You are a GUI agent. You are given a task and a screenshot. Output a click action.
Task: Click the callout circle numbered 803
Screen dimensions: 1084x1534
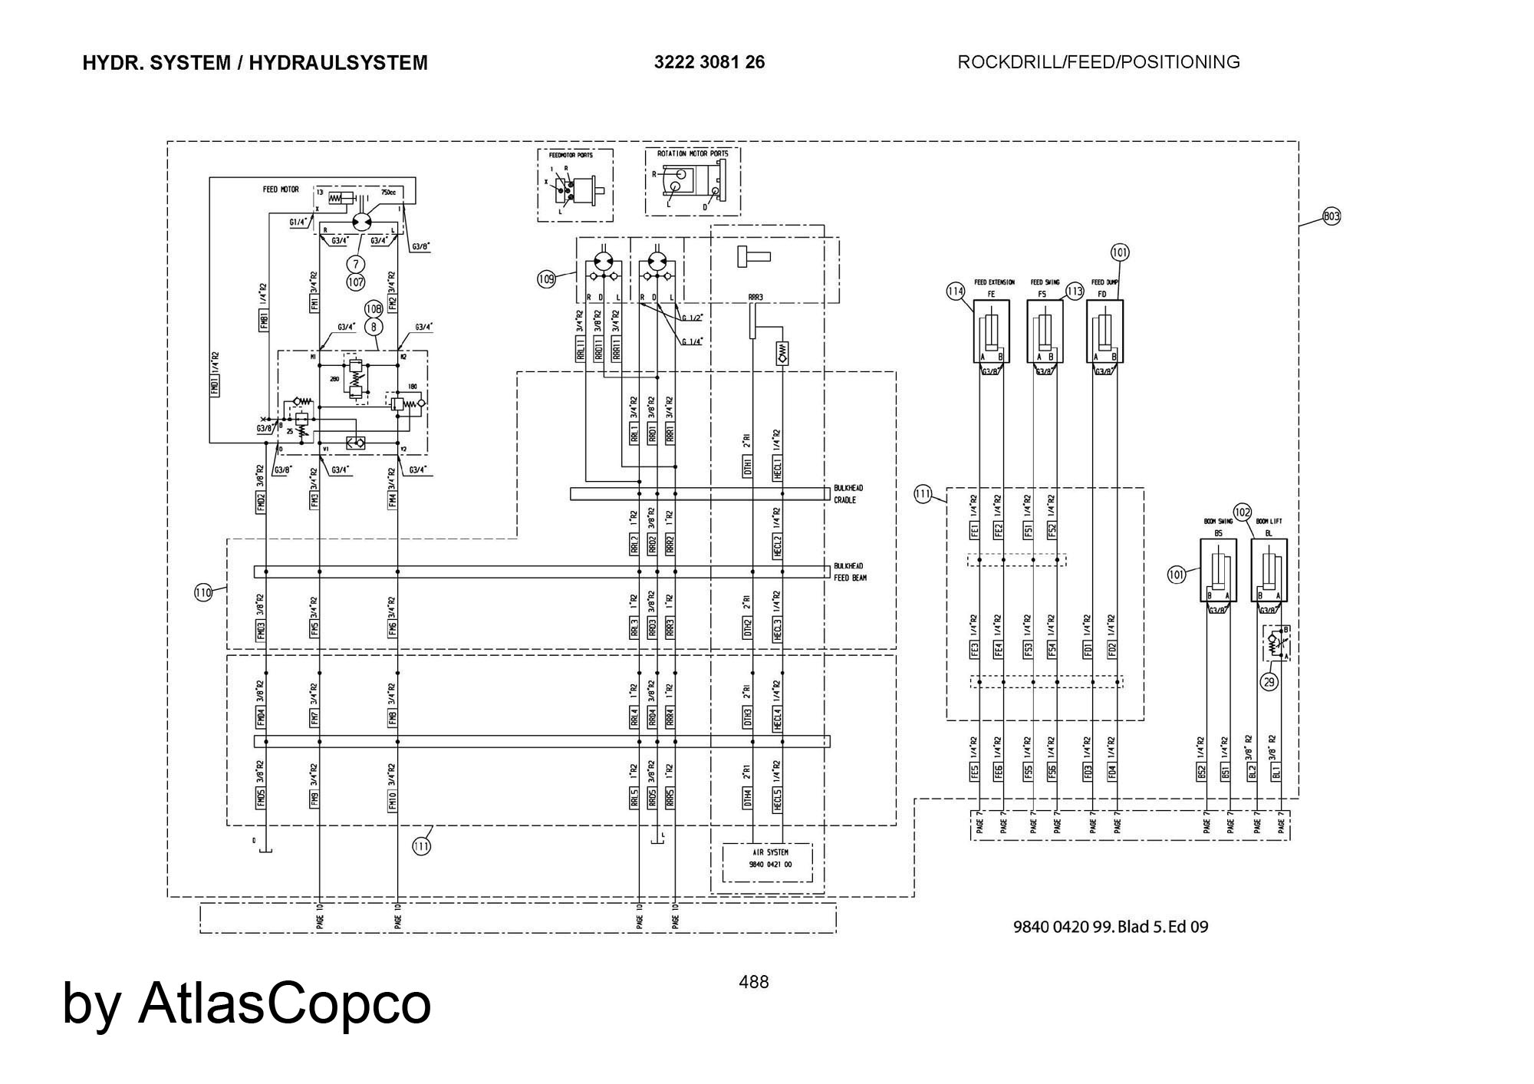point(1332,217)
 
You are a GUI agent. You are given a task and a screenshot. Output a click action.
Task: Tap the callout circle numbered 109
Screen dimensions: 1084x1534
point(545,279)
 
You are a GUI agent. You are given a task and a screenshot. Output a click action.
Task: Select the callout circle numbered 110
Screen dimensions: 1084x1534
point(203,592)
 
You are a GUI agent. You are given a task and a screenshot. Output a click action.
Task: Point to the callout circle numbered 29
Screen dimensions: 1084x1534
point(1270,681)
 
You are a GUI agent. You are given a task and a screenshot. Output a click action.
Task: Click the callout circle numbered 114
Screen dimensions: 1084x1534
point(956,292)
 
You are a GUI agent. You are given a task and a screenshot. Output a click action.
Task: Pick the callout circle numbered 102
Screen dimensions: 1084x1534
point(1243,512)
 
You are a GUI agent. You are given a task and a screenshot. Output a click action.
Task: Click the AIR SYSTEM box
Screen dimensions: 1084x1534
point(768,863)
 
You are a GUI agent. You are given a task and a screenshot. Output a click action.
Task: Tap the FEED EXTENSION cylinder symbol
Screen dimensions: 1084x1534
point(991,331)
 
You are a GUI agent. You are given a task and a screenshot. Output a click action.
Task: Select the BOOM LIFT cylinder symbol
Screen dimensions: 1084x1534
point(1269,571)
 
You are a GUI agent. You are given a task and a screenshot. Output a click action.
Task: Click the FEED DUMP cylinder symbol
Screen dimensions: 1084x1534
point(1104,331)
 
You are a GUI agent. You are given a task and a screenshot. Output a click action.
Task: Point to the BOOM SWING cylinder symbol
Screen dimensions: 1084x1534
point(1218,571)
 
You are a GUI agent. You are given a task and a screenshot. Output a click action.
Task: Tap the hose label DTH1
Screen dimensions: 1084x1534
point(748,466)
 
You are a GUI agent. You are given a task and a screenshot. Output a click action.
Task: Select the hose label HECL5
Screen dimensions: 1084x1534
point(778,799)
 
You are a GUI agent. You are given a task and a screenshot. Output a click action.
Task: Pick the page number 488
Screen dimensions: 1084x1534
point(753,982)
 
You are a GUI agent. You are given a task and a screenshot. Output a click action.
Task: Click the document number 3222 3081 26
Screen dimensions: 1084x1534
point(709,62)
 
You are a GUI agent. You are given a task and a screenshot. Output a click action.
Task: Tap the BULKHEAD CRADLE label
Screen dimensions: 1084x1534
point(848,494)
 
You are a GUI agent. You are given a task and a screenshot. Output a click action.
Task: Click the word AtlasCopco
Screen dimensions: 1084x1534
point(285,1003)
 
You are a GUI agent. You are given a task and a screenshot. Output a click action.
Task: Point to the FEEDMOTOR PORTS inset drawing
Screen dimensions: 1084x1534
point(575,186)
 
